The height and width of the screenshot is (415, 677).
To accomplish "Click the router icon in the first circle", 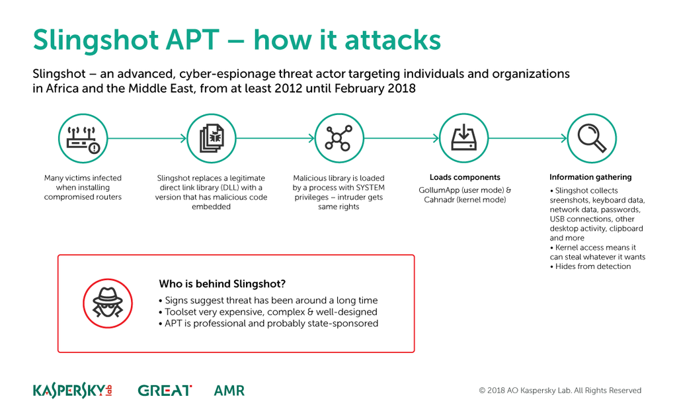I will pyautogui.click(x=83, y=139).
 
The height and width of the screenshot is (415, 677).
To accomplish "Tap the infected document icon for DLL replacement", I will pyautogui.click(x=212, y=139).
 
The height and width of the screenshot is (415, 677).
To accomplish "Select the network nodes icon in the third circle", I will pyautogui.click(x=339, y=139).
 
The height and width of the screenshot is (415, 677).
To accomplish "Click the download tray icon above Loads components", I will pyautogui.click(x=464, y=139).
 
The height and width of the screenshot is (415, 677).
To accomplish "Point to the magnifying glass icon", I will pyautogui.click(x=591, y=139).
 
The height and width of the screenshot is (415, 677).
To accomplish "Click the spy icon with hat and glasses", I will pyautogui.click(x=107, y=303).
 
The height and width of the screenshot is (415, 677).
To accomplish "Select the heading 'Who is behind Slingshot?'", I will pyautogui.click(x=222, y=284).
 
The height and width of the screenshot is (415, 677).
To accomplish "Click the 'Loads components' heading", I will pyautogui.click(x=465, y=177).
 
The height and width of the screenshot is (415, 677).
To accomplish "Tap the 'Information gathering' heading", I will pyautogui.click(x=590, y=177).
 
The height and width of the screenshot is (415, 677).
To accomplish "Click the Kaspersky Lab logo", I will pyautogui.click(x=73, y=391).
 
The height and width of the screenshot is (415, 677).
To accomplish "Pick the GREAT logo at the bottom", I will pyautogui.click(x=165, y=391).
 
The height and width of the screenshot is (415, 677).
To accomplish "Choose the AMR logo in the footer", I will pyautogui.click(x=229, y=391).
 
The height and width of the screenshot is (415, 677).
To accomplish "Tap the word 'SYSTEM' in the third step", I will pyautogui.click(x=370, y=188).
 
